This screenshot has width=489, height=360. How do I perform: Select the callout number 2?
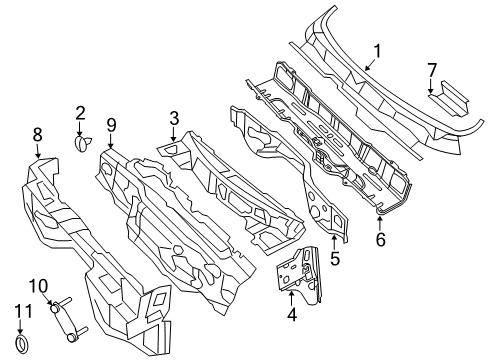click(81, 114)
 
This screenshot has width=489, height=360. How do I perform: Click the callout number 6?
click(379, 239)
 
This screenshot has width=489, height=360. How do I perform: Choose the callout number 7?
click(432, 69)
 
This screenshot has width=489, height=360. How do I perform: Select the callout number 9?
click(112, 124)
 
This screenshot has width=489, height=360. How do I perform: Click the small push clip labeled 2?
click(81, 143)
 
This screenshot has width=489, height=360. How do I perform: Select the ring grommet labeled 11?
click(25, 345)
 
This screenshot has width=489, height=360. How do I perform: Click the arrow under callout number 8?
click(37, 151)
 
